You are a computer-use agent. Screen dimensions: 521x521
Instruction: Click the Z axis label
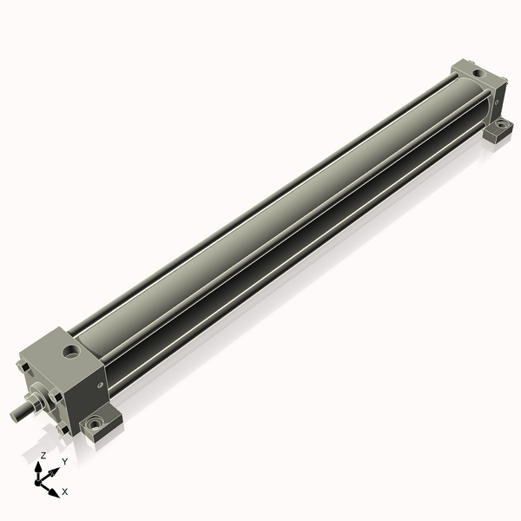click(x=43, y=456)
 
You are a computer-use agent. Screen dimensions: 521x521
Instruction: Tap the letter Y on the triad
click(x=65, y=461)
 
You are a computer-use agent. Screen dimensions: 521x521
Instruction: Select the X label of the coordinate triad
click(x=65, y=491)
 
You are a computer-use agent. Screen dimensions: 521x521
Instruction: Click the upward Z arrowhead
click(x=38, y=466)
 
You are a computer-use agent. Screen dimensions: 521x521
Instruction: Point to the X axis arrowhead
click(x=54, y=492)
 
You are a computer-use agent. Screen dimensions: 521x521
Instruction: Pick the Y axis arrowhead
click(x=55, y=472)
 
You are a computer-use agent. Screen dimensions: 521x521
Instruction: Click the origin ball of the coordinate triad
click(x=37, y=482)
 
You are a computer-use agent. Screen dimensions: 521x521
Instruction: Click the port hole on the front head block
click(x=71, y=351)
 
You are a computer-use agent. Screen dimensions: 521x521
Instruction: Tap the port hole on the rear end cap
click(x=478, y=73)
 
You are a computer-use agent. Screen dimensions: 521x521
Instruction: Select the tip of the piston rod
click(x=13, y=416)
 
